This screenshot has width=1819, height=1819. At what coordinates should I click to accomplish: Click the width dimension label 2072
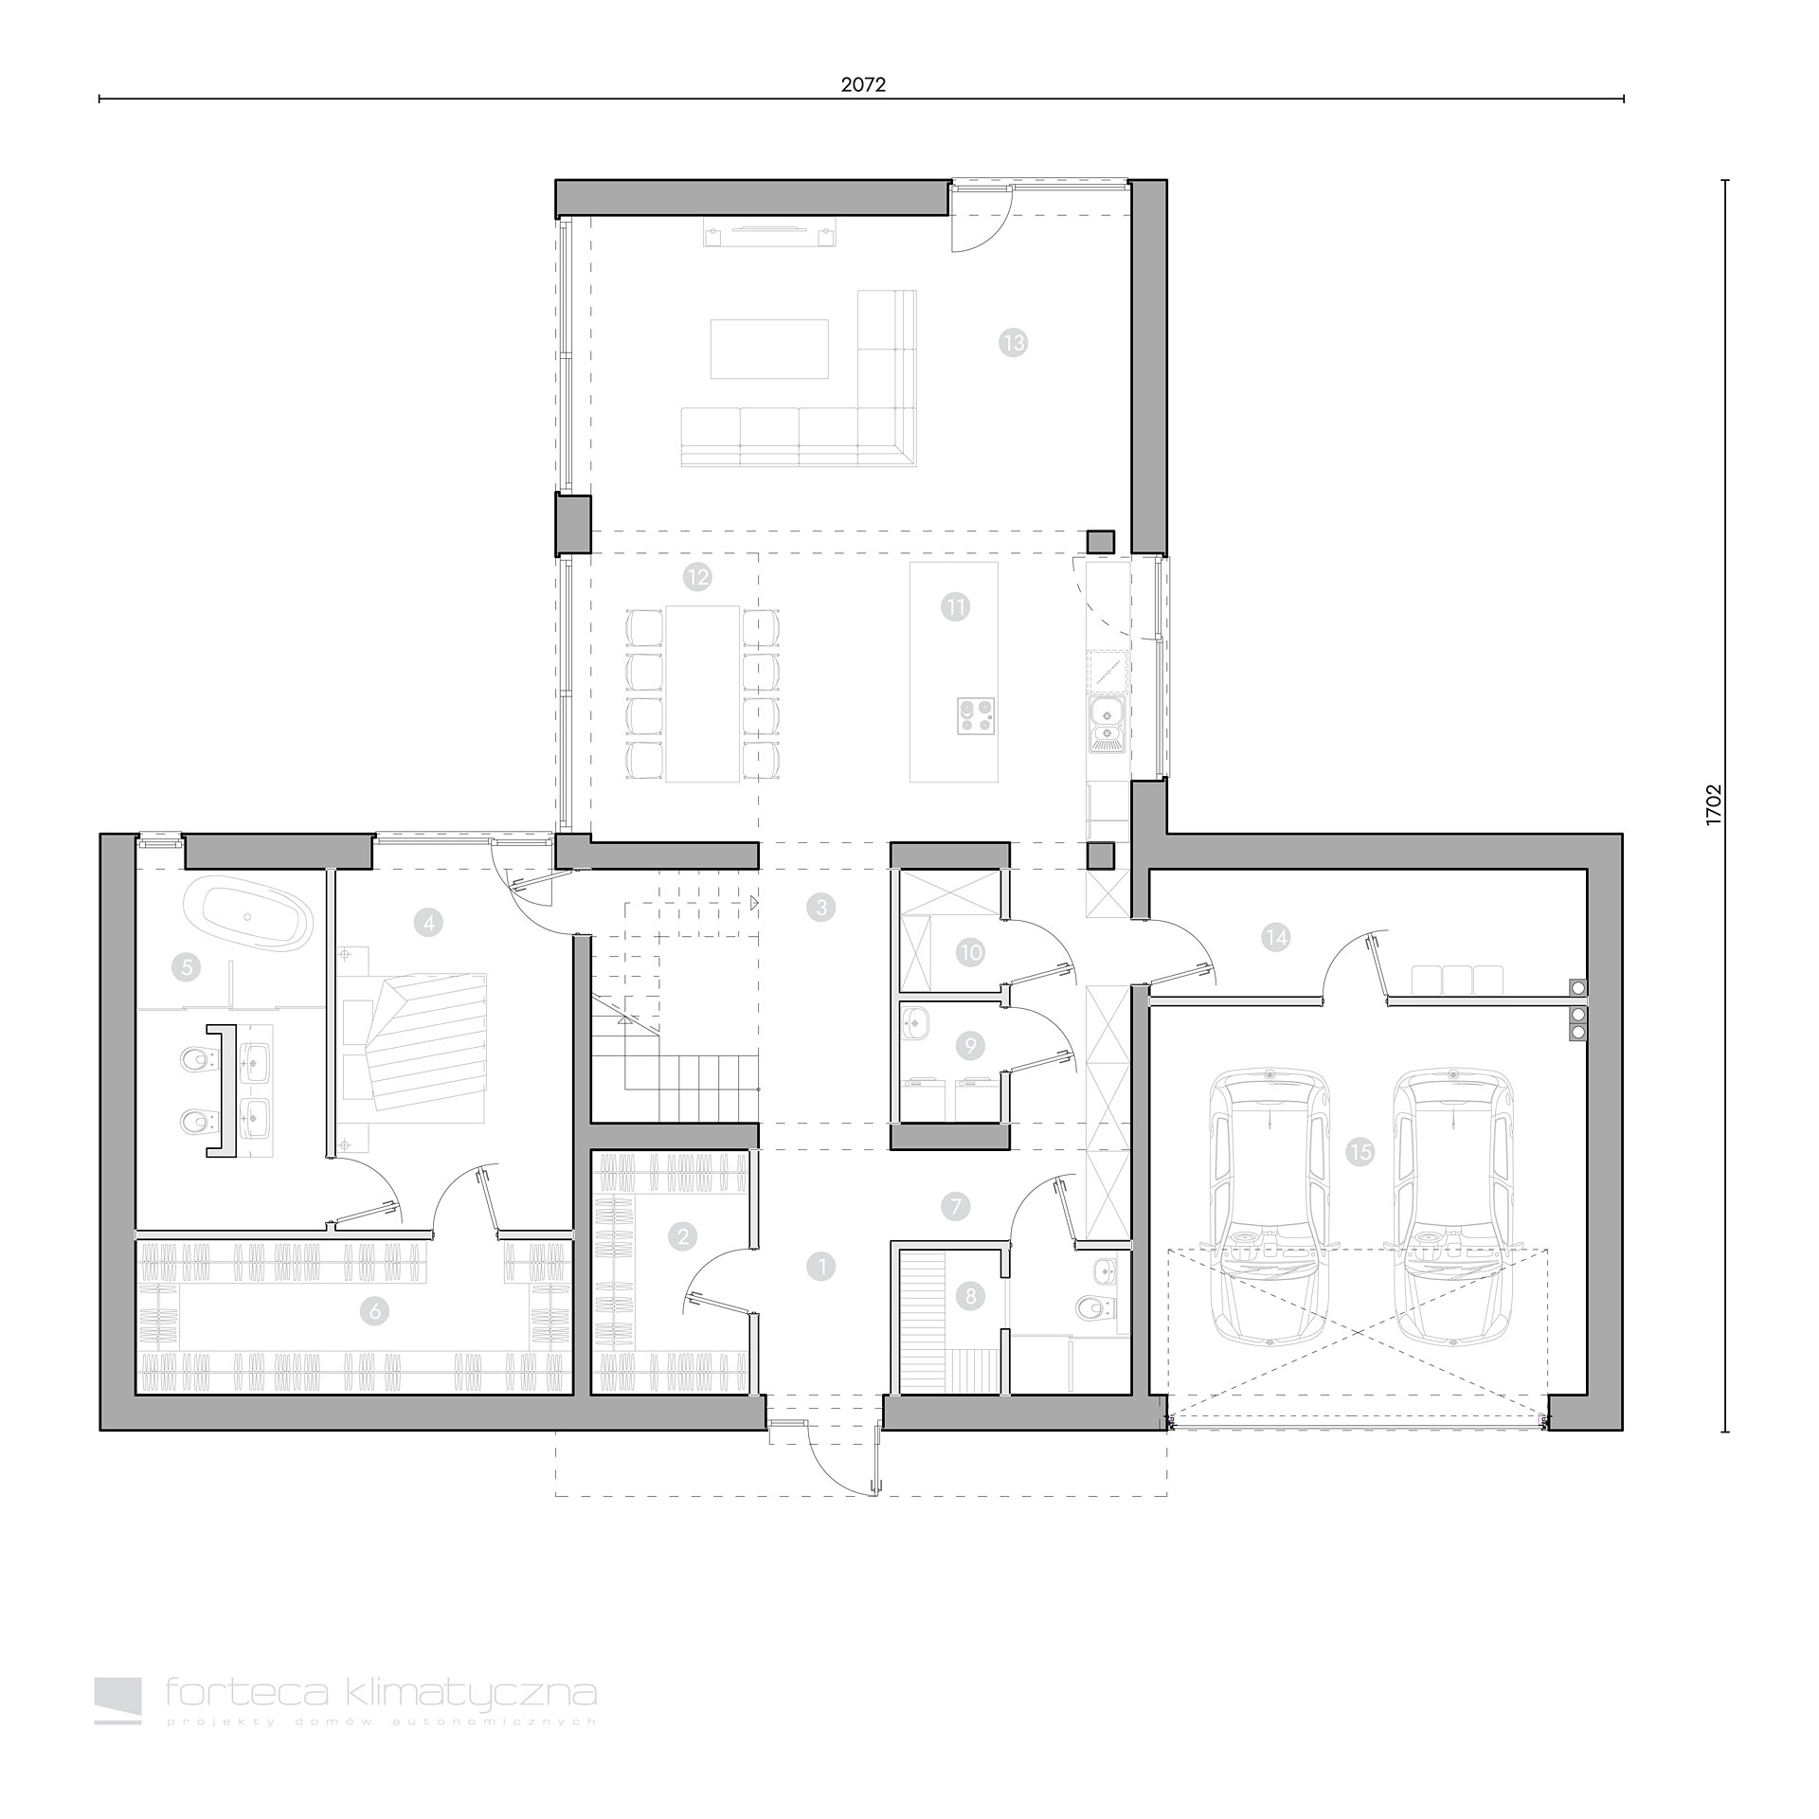point(862,84)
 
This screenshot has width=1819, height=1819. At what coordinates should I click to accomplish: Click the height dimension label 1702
point(1712,805)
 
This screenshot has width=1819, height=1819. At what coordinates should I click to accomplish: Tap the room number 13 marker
point(1014,342)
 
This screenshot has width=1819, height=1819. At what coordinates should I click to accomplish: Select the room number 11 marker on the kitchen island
point(955,606)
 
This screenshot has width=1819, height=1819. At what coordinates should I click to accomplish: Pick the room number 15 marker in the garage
point(1360,1152)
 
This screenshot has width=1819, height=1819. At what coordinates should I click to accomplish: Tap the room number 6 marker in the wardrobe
point(375,1311)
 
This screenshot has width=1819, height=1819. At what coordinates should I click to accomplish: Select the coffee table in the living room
point(769,349)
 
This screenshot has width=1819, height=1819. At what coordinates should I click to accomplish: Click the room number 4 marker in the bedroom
point(428,921)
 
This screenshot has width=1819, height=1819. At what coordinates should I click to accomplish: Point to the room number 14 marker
point(1275,937)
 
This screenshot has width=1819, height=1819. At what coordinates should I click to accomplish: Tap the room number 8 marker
point(970,1296)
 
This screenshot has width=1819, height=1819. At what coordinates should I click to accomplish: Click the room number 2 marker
point(682,1235)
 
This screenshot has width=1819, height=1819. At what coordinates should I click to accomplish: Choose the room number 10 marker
point(970,952)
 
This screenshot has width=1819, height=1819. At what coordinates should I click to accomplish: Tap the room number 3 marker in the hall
point(820,907)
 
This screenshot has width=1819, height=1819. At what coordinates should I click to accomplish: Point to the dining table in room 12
point(702,693)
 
